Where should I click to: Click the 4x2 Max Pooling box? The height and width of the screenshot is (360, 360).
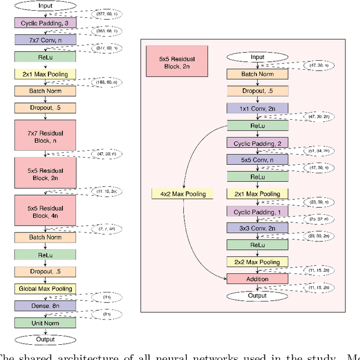[x=179, y=194]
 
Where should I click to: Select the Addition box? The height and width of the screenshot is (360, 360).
[x=257, y=279]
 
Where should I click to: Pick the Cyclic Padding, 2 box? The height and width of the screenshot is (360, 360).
[x=257, y=143]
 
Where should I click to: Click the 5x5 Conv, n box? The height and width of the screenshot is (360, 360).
[x=257, y=160]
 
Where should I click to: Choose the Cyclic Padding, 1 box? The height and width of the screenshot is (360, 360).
[x=257, y=211]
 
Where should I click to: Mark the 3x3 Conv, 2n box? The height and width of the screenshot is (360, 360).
[x=257, y=228]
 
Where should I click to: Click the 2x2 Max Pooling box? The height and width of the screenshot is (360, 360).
[x=257, y=262]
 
